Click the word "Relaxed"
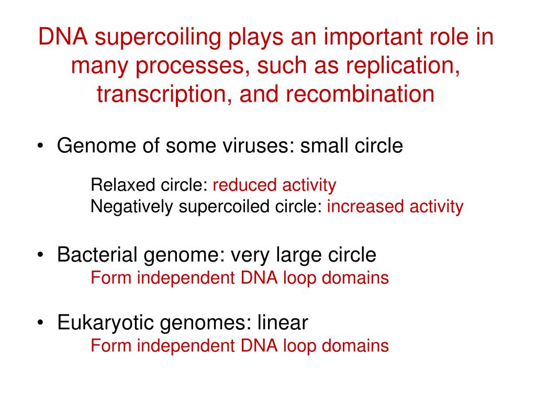click(x=116, y=185)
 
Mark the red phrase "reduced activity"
click(x=274, y=185)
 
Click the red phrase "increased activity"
click(x=395, y=207)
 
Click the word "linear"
click(x=283, y=323)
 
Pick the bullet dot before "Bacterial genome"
click(x=41, y=255)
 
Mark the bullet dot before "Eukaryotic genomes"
click(x=41, y=323)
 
